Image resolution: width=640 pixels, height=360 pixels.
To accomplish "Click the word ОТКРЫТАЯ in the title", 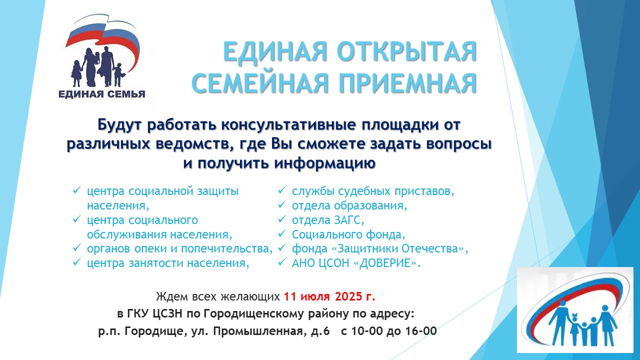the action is (406, 51).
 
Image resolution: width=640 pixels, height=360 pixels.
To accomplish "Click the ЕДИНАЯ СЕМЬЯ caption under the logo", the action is (101, 94).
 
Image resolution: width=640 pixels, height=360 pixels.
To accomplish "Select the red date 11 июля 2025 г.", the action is (329, 297).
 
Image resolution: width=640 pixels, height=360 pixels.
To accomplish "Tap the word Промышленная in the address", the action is (258, 331).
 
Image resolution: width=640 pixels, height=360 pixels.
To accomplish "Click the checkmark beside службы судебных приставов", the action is (282, 190).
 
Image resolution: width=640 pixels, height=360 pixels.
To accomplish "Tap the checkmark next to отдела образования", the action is (282, 204).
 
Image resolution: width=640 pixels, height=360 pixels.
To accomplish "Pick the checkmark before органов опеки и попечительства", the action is (77, 247).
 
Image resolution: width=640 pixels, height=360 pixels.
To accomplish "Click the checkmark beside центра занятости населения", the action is (77, 261).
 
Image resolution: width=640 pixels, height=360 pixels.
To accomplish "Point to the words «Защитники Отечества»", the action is (398, 249).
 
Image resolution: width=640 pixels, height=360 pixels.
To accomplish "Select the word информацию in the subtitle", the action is (324, 164).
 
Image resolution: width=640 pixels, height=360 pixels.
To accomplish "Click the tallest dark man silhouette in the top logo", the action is (107, 66).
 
